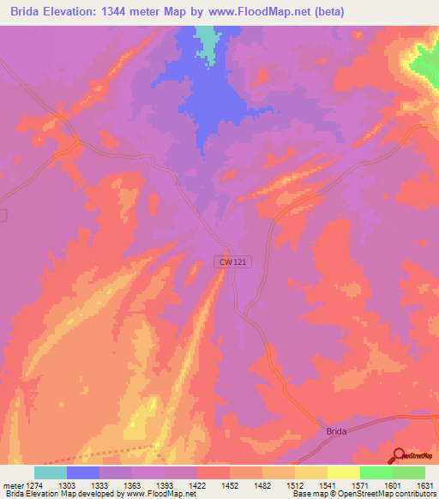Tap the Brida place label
(x=336, y=431)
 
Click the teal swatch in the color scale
(x=51, y=472)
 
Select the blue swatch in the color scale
(x=83, y=472)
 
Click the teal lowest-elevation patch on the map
(x=205, y=43)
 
